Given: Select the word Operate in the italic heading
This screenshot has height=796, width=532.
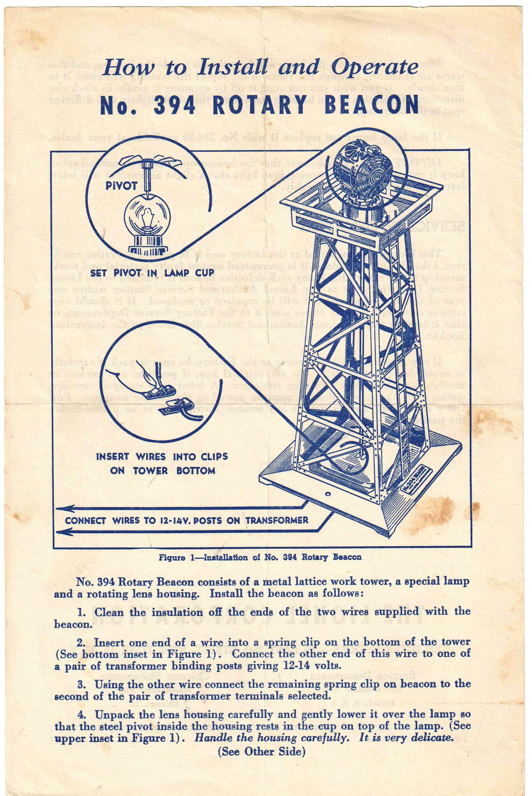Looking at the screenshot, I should click(x=374, y=67).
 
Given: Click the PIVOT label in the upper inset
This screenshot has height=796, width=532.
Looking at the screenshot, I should click(x=121, y=186).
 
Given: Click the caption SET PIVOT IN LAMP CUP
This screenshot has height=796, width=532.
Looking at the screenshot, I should click(x=152, y=273).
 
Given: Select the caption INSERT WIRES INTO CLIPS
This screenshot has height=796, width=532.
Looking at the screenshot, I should click(x=162, y=456).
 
